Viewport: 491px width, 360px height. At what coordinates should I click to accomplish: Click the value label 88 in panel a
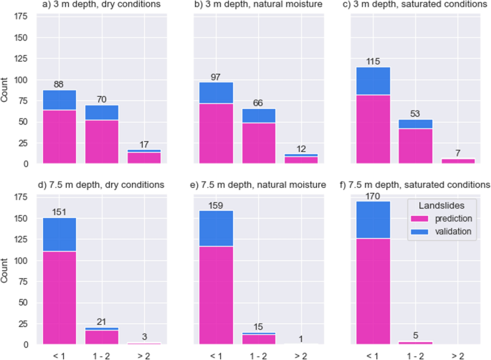(x=59, y=84)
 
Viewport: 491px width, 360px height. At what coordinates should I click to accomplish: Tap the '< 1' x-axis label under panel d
(x=59, y=354)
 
